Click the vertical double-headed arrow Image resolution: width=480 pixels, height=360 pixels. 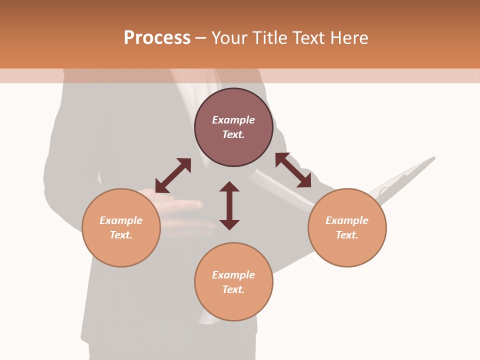(x=229, y=205)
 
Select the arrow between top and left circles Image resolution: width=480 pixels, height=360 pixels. (x=173, y=175)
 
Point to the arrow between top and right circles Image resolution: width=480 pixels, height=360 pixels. (x=293, y=170)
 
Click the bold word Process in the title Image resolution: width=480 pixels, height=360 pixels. (x=157, y=38)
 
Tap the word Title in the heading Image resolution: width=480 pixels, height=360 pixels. (x=270, y=38)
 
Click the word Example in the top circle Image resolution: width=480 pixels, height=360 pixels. (x=233, y=120)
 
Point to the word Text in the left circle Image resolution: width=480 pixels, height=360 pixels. (x=121, y=235)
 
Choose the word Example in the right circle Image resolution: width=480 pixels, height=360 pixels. (x=347, y=220)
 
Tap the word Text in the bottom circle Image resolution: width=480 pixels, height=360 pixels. (x=233, y=289)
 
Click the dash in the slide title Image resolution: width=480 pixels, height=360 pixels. (x=201, y=38)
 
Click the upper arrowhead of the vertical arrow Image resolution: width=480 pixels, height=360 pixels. (x=229, y=186)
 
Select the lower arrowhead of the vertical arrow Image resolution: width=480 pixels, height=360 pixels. (x=229, y=224)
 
